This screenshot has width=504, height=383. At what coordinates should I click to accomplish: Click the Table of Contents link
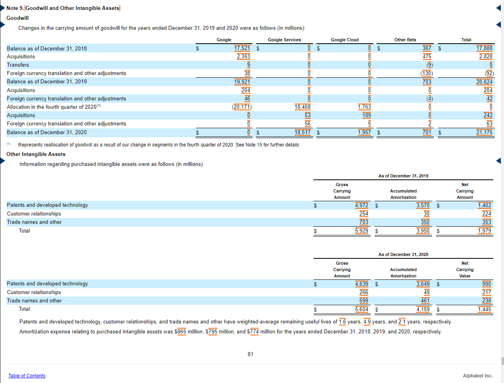pyautogui.click(x=27, y=376)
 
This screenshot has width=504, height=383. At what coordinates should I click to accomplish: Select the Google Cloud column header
pyautogui.click(x=344, y=40)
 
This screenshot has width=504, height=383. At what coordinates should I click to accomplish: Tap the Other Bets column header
pyautogui.click(x=405, y=40)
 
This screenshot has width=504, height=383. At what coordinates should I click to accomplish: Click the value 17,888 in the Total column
pyautogui.click(x=484, y=48)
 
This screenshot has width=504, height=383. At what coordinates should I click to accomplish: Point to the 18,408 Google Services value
pyautogui.click(x=302, y=107)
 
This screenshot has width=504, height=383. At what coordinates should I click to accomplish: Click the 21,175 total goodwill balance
pyautogui.click(x=484, y=132)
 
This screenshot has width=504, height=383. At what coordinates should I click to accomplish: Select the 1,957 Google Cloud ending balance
pyautogui.click(x=364, y=132)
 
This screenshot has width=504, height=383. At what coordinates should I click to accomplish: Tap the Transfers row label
pyautogui.click(x=18, y=65)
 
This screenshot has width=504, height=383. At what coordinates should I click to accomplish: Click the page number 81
pyautogui.click(x=250, y=354)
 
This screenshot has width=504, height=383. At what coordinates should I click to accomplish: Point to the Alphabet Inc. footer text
pyautogui.click(x=477, y=376)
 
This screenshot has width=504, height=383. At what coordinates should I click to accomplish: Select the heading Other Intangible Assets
pyautogui.click(x=36, y=154)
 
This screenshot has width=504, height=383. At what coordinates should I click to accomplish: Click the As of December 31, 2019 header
pyautogui.click(x=403, y=176)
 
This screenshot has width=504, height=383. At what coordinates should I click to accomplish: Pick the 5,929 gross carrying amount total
pyautogui.click(x=361, y=231)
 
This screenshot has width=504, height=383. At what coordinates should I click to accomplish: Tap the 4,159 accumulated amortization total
pyautogui.click(x=423, y=309)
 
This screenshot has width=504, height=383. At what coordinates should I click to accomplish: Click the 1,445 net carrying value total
pyautogui.click(x=484, y=309)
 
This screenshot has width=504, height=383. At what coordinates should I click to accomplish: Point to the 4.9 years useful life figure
pyautogui.click(x=367, y=321)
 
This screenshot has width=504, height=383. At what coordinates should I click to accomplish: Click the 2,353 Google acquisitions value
pyautogui.click(x=243, y=56)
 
